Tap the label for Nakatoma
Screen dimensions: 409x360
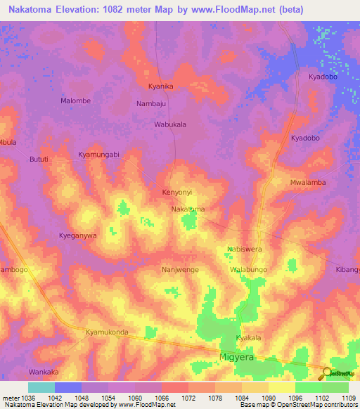click(x=188, y=209)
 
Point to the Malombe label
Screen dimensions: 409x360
click(x=75, y=100)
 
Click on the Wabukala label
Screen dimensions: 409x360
click(x=170, y=124)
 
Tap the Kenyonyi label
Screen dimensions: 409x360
click(x=177, y=192)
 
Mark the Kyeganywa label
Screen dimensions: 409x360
click(x=77, y=236)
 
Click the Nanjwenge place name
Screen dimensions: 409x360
click(x=180, y=269)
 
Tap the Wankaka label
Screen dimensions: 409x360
click(x=44, y=371)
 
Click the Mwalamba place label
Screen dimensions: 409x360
click(x=308, y=183)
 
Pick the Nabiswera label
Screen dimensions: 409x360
click(x=244, y=249)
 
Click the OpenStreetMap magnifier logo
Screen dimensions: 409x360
click(x=327, y=373)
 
